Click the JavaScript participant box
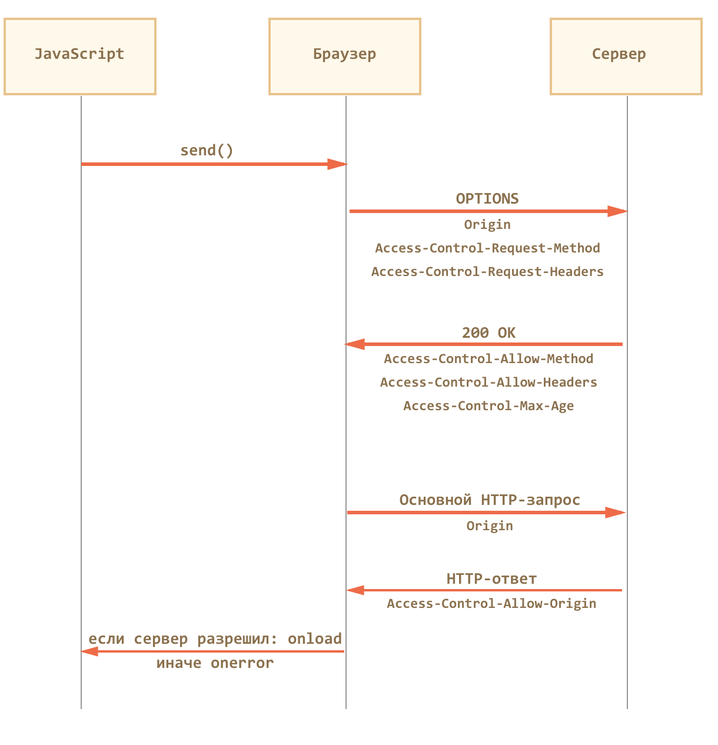tap(80, 56)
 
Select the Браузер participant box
tap(345, 56)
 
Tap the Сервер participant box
tap(626, 56)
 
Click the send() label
tap(207, 151)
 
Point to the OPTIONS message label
tap(487, 199)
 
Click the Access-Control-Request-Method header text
tap(487, 248)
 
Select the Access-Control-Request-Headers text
tap(487, 271)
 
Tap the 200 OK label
tap(488, 332)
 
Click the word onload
tap(314, 638)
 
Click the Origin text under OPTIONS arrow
tap(487, 225)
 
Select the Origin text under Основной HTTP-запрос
tap(490, 526)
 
